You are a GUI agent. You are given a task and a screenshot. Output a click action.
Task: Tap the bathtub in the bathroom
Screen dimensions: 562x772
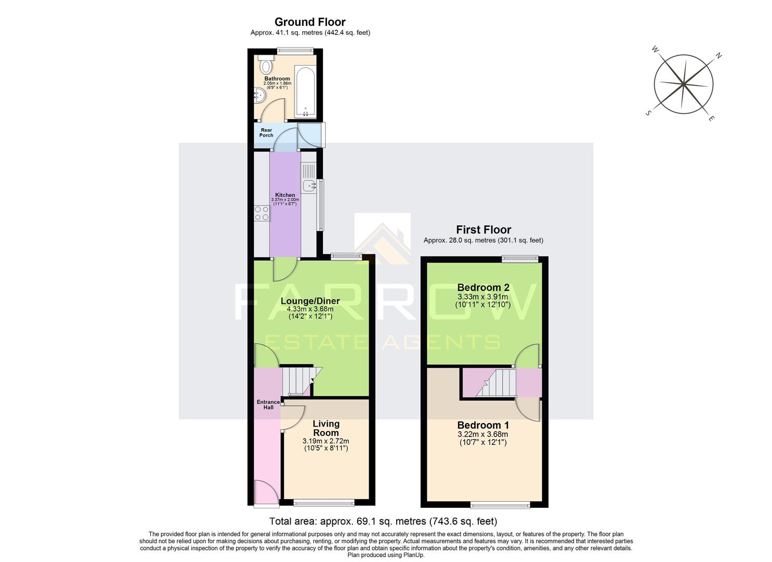305,91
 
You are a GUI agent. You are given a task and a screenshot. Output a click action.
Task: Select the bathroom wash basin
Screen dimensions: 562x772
259,95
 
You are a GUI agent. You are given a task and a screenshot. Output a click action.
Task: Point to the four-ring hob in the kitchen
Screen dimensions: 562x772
261,213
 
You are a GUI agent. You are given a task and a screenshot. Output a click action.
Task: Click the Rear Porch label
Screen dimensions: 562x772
266,133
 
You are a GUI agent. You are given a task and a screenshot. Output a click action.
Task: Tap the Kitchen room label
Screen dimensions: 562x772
285,195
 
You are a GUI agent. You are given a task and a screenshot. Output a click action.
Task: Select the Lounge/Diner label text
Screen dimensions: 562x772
310,301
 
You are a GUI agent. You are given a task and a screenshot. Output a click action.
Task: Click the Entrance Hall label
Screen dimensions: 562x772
268,404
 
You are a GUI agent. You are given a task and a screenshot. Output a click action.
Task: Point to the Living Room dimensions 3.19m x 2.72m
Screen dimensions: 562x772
325,441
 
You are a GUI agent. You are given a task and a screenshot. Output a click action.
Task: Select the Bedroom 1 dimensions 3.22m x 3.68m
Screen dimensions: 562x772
482,434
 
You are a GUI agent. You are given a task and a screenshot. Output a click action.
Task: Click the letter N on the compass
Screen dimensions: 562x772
719,56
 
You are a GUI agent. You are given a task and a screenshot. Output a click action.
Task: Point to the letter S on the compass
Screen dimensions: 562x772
648,113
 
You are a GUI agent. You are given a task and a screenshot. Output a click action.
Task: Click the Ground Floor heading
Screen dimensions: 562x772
310,22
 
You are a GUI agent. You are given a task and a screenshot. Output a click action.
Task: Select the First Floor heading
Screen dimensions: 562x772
483,229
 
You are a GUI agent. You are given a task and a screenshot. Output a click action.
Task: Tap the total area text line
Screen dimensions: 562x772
383,521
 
